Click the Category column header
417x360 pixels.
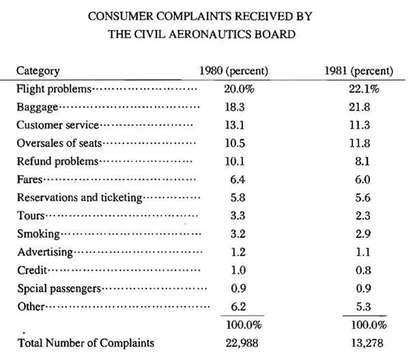point(38,71)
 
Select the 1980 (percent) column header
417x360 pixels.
point(234,71)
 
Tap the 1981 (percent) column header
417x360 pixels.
point(359,71)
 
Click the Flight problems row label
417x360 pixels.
point(54,89)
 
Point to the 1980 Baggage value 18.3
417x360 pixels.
point(235,107)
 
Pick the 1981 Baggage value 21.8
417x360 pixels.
point(360,107)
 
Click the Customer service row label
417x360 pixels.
point(58,125)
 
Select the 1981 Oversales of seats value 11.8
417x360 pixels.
point(360,143)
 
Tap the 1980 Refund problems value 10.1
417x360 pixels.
point(235,162)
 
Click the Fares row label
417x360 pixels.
point(29,179)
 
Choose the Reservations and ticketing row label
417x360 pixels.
point(80,198)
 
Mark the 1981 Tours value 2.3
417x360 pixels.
point(363,215)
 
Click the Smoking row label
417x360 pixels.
point(39,234)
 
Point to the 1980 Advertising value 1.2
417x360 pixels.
point(238,252)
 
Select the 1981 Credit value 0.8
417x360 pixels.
point(363,270)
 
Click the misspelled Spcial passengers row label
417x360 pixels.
point(59,289)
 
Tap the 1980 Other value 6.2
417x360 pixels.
point(238,307)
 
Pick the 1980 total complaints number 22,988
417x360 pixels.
point(242,343)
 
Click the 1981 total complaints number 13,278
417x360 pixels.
point(367,343)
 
